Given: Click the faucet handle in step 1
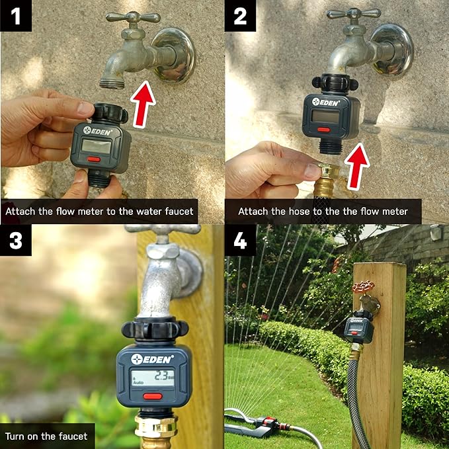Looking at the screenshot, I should click(132, 17).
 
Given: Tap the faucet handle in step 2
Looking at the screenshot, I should click(354, 13).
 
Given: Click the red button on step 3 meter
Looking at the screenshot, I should click(153, 397).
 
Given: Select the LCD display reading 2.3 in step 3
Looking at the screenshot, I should click(153, 378).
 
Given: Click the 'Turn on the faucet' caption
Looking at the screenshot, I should click(48, 436).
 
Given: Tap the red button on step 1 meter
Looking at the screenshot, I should click(94, 159).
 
